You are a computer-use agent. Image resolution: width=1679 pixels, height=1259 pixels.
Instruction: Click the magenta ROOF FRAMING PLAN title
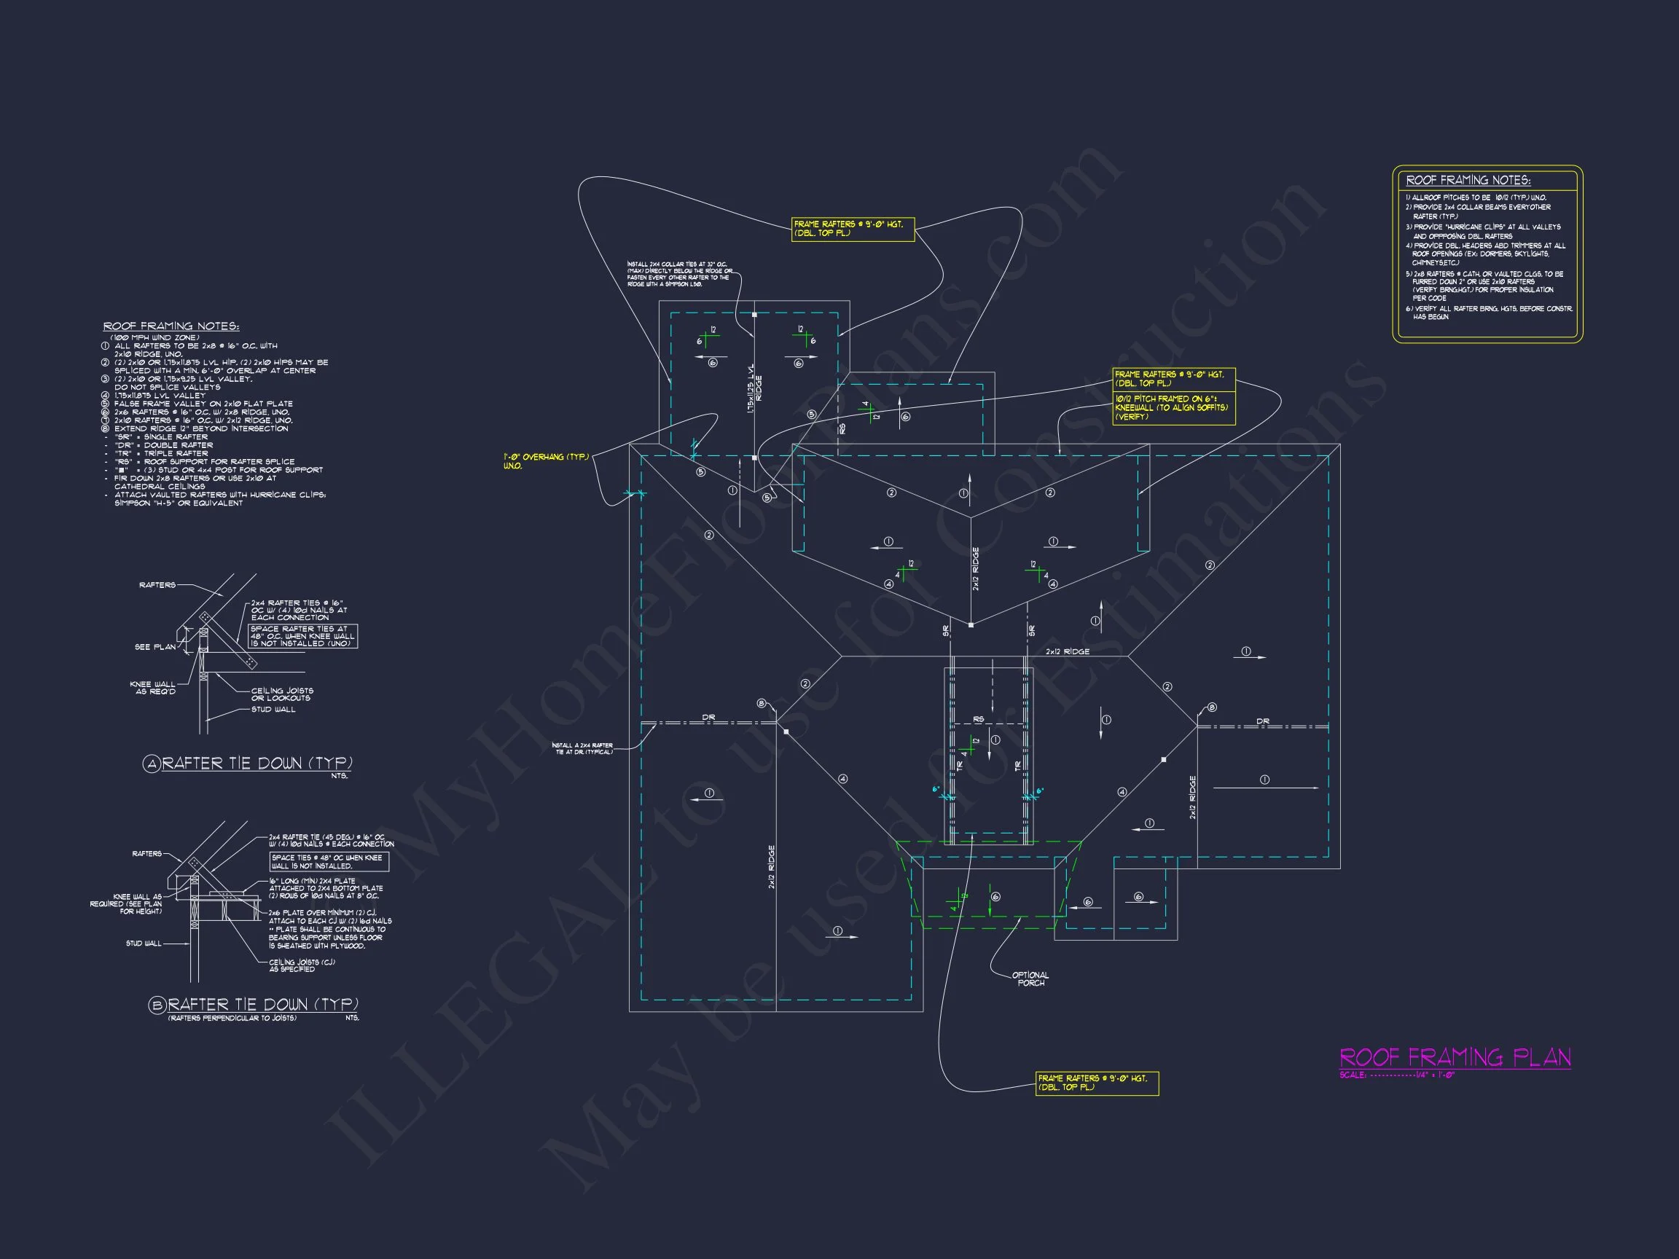click(x=1455, y=1057)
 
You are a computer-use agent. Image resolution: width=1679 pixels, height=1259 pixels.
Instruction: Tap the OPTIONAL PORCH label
click(x=1030, y=979)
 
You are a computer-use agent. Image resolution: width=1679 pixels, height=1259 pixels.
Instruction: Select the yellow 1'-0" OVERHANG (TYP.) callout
click(x=545, y=460)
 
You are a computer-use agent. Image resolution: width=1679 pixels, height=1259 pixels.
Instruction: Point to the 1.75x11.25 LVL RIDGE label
click(x=754, y=388)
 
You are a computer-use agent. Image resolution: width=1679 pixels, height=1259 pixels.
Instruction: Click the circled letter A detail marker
click(x=152, y=764)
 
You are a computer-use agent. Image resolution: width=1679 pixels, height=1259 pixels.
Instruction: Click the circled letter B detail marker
click(x=157, y=1005)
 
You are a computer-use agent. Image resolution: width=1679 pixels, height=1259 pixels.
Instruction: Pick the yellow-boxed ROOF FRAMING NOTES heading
click(x=1468, y=181)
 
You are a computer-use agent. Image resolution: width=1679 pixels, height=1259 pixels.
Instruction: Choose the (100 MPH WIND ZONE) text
click(x=154, y=337)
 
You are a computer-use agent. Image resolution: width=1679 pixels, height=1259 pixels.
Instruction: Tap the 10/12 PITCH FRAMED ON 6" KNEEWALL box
click(x=1173, y=407)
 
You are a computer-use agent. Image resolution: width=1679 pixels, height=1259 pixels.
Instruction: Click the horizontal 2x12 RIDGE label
click(x=1067, y=652)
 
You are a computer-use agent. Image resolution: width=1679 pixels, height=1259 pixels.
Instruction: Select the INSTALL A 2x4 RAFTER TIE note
click(x=582, y=748)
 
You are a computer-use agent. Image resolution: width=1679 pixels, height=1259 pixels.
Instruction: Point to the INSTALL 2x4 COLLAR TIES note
click(x=679, y=274)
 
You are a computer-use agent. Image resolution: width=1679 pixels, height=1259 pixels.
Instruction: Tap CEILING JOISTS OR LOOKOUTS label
click(x=281, y=694)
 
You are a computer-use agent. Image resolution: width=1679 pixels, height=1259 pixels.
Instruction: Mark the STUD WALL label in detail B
click(x=144, y=944)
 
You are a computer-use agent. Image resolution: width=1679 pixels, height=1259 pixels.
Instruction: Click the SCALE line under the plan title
click(x=1397, y=1075)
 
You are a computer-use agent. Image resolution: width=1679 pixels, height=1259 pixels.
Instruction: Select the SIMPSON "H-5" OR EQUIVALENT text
click(x=179, y=503)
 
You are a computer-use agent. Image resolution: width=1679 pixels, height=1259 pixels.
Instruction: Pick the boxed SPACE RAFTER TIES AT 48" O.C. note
click(x=303, y=636)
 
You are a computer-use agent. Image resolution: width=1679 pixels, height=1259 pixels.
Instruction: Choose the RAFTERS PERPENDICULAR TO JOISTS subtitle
click(x=232, y=1018)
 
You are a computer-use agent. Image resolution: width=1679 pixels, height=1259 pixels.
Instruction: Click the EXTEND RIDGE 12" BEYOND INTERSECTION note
click(x=201, y=428)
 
